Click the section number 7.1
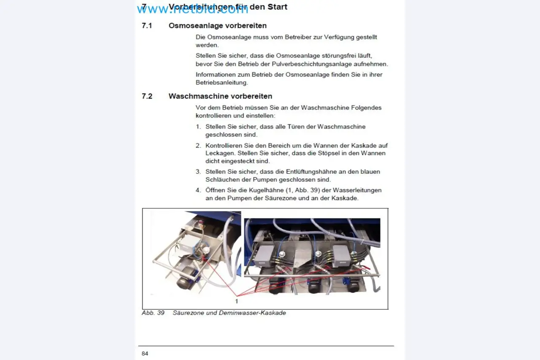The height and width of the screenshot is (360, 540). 146,26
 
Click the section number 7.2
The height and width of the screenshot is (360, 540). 147,96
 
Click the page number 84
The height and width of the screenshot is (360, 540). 145,353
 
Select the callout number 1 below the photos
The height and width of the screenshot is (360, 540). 236,301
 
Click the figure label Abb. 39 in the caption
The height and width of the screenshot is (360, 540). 153,313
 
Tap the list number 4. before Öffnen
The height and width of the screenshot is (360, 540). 198,190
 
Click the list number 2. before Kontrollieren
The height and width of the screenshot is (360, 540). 198,145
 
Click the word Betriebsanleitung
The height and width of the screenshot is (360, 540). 221,83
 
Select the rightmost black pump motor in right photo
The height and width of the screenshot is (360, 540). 354,285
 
